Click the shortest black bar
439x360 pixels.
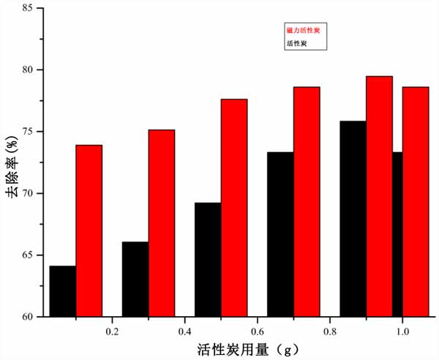pyautogui.click(x=63, y=291)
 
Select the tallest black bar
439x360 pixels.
pyautogui.click(x=353, y=219)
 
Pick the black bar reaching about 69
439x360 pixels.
pyautogui.click(x=208, y=260)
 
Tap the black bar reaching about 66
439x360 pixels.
pyautogui.click(x=135, y=279)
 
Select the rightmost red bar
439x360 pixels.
pyautogui.click(x=416, y=201)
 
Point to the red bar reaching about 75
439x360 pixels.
pyautogui.click(x=162, y=223)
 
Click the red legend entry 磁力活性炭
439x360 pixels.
pyautogui.click(x=302, y=31)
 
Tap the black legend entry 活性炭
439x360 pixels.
pyautogui.click(x=296, y=43)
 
